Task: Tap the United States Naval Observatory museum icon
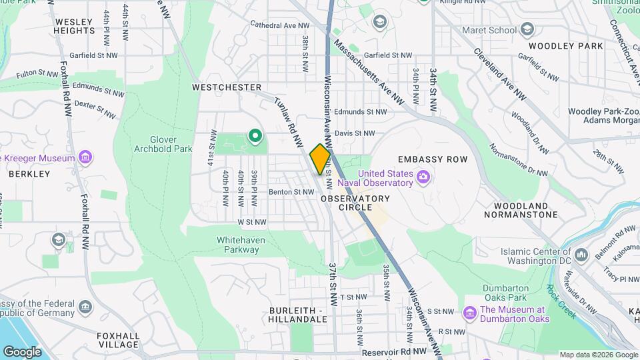[423, 177]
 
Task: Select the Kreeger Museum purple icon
[85, 158]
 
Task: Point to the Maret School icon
[527, 29]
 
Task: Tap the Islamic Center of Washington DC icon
[581, 255]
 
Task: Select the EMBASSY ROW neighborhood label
[433, 159]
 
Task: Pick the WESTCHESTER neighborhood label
[227, 87]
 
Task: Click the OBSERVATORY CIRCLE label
[355, 203]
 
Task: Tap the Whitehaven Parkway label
[238, 245]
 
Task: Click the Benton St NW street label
[291, 192]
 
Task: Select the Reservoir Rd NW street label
[394, 351]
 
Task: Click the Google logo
[22, 351]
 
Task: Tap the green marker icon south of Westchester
[255, 137]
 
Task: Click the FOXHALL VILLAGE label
[118, 340]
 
